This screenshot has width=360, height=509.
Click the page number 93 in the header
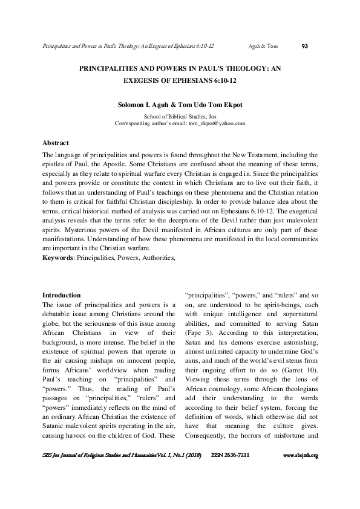[305, 45]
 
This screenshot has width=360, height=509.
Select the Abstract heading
[55, 143]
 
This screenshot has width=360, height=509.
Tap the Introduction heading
[61, 294]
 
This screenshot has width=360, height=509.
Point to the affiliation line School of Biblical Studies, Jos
[180, 115]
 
